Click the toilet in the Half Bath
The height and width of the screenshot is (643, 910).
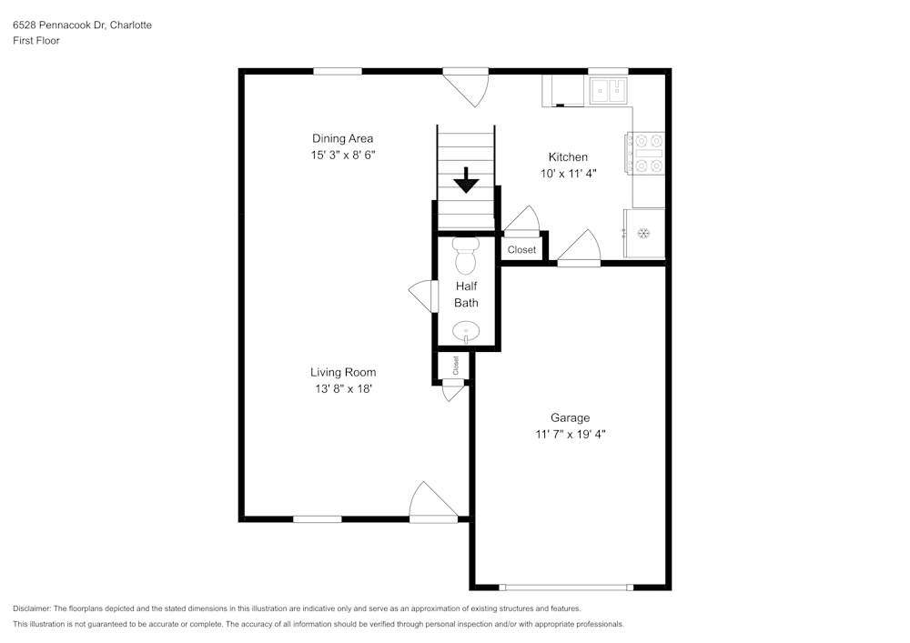pyautogui.click(x=466, y=256)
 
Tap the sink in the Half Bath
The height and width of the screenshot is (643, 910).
pyautogui.click(x=467, y=331)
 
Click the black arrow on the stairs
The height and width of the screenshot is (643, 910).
pyautogui.click(x=466, y=180)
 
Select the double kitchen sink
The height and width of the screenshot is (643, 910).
pyautogui.click(x=608, y=90)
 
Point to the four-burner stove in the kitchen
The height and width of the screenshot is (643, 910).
pyautogui.click(x=644, y=153)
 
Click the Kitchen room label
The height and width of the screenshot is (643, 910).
pyautogui.click(x=567, y=157)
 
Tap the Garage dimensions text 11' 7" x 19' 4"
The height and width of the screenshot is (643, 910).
pyautogui.click(x=571, y=435)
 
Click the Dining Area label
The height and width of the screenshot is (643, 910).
pyautogui.click(x=342, y=138)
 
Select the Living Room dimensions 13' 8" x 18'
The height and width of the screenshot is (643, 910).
pyautogui.click(x=342, y=389)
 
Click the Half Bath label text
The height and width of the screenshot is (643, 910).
pyautogui.click(x=466, y=294)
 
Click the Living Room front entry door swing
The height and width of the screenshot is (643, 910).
pyautogui.click(x=431, y=503)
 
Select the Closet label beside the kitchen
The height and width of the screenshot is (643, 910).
pyautogui.click(x=521, y=250)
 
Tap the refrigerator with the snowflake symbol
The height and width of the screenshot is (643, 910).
pyautogui.click(x=643, y=234)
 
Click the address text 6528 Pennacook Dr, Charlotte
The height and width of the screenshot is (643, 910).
pyautogui.click(x=82, y=25)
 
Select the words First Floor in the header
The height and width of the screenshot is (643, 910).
pyautogui.click(x=36, y=41)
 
